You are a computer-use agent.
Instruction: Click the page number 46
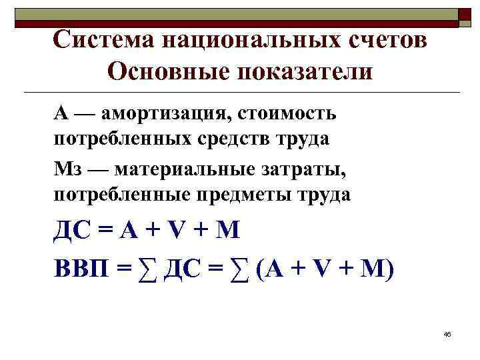tap(447, 333)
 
